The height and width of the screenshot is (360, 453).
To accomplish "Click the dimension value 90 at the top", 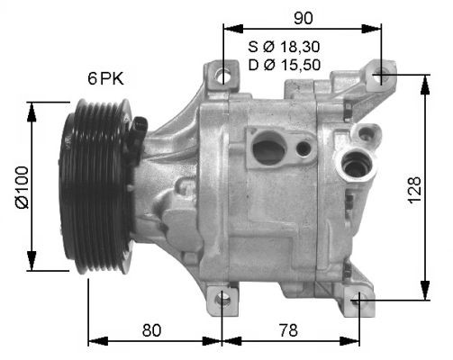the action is coord(304,18).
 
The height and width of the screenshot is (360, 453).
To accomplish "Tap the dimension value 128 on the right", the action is coord(415,190).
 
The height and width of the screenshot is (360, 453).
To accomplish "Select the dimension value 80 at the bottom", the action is coord(151,330).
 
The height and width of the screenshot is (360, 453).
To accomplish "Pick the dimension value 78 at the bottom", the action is coord(288,330).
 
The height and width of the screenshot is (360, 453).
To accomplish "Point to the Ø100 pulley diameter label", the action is coord(23,187).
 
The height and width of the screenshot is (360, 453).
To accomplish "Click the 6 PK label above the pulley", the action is coord(105,78).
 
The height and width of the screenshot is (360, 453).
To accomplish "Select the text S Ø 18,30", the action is coord(284,47).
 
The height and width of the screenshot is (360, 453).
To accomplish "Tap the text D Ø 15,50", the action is coord(285,65).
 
